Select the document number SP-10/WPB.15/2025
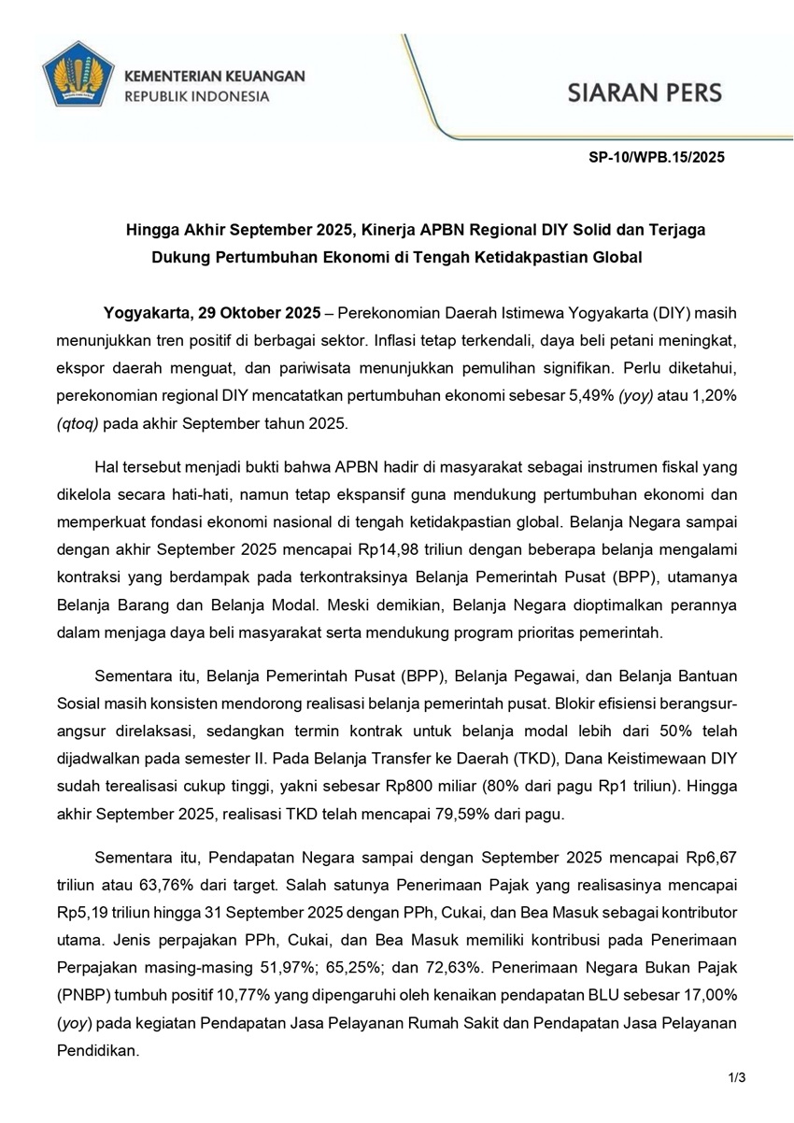click(657, 158)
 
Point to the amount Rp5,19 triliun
click(101, 909)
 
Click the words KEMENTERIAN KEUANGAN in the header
click(214, 76)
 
